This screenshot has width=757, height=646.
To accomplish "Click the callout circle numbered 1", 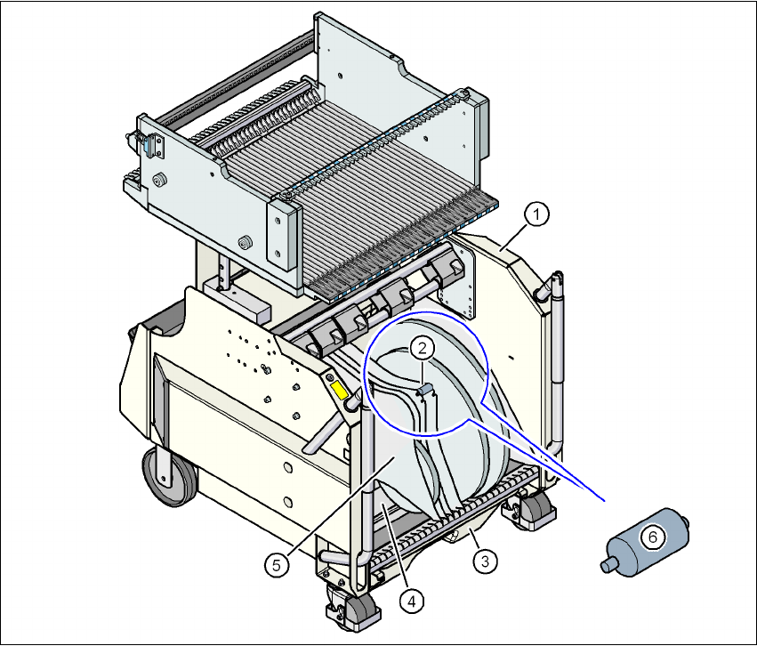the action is [x=537, y=214].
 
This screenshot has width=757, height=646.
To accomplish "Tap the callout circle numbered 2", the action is [x=423, y=348].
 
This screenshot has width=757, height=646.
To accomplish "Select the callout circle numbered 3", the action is [x=485, y=561].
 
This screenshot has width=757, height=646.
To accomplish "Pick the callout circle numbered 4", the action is [x=411, y=602].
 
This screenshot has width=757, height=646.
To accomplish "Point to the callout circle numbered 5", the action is [x=277, y=565].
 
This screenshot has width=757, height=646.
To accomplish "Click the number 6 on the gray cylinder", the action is [x=653, y=537].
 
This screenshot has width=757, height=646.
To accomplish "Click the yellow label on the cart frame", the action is [x=339, y=390].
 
